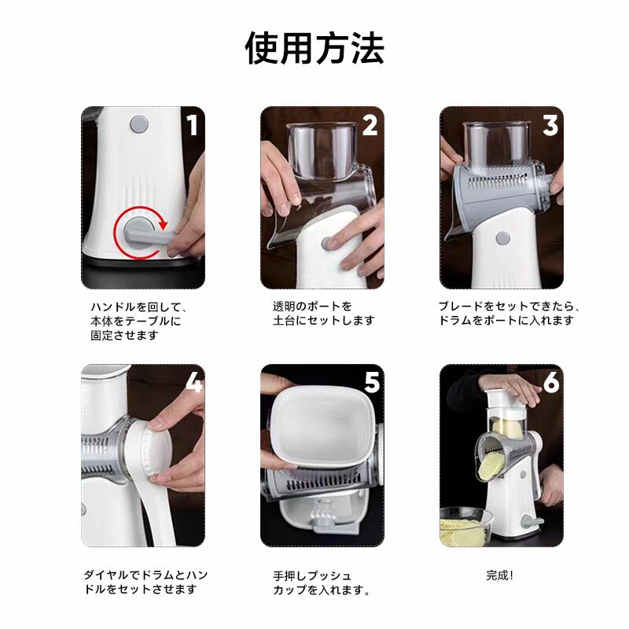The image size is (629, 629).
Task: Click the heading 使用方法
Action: pyautogui.click(x=315, y=49)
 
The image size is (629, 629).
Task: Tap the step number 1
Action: pyautogui.click(x=193, y=125)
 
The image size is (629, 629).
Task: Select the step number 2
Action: pyautogui.click(x=370, y=125)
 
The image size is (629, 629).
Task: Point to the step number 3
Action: pyautogui.click(x=550, y=125)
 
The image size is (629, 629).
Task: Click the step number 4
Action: pyautogui.click(x=194, y=384)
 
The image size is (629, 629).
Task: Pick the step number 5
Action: pyautogui.click(x=372, y=383)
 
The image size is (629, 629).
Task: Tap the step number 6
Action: pyautogui.click(x=552, y=383)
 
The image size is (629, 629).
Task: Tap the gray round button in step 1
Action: pyautogui.click(x=139, y=124)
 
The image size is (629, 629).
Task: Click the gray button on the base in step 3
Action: pyautogui.click(x=502, y=239)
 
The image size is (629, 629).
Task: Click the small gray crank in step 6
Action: pyautogui.click(x=533, y=523)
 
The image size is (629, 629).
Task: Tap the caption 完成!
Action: pyautogui.click(x=500, y=576)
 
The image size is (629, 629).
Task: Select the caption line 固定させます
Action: pyautogui.click(x=124, y=335)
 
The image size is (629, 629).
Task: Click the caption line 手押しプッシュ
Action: pyautogui.click(x=312, y=576)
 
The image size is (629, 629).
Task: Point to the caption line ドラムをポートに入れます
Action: pyautogui.click(x=506, y=320)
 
